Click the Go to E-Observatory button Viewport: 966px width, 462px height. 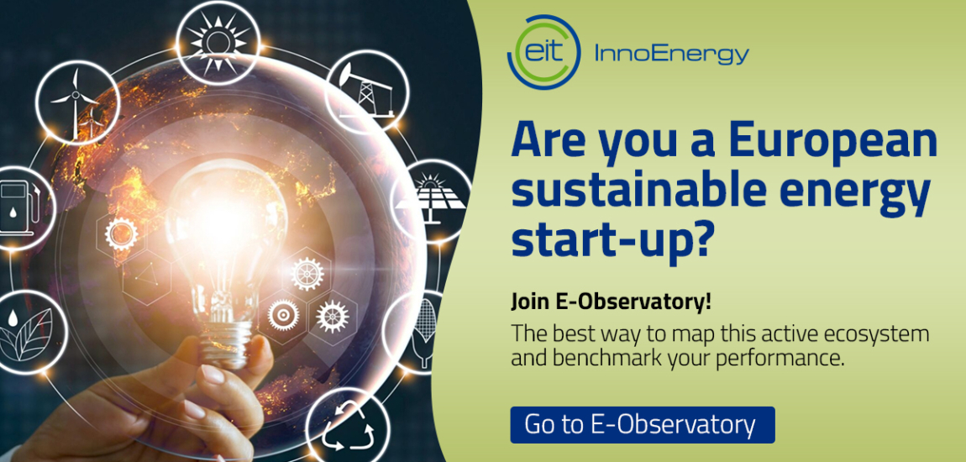642,424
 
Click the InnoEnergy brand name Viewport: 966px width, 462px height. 670,55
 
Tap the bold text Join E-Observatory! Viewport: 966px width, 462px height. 611,301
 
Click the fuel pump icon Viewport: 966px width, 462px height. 17,204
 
